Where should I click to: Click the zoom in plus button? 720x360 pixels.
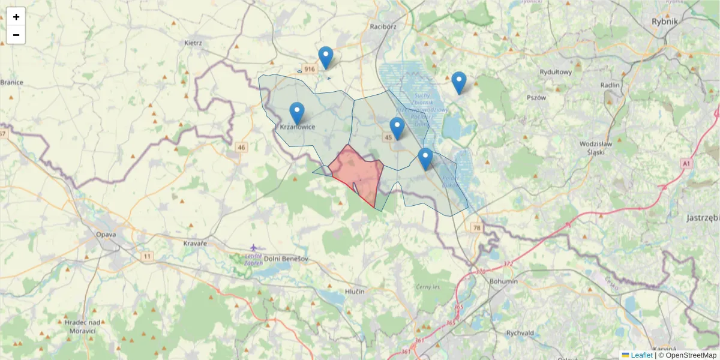pos(16,17)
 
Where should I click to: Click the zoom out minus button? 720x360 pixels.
pos(16,35)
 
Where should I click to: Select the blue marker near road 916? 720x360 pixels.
pos(326,57)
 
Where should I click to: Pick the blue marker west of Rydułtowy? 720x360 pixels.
pos(459,82)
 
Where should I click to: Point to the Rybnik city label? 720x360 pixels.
pos(664,21)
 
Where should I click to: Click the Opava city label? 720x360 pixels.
pos(106,235)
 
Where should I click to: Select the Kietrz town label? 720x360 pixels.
pos(194,43)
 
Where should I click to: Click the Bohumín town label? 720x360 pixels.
pos(503,281)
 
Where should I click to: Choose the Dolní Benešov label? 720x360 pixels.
pos(286,259)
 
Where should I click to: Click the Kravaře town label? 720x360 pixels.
pos(195,243)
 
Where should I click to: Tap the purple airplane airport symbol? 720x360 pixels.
pos(254,247)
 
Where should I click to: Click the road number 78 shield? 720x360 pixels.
pos(476,228)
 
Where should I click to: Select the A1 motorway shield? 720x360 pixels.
pos(686,163)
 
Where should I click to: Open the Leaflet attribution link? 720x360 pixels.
pos(641,355)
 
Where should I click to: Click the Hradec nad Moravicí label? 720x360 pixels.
pos(80,326)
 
